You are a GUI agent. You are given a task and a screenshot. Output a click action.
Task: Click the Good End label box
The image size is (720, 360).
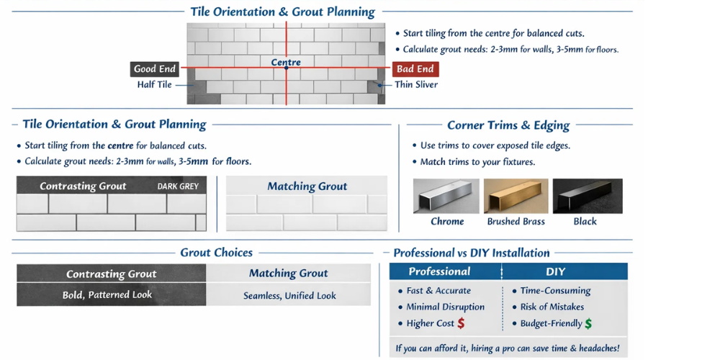coord(155,69)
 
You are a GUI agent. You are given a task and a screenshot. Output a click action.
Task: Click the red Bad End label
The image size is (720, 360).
coord(415,69)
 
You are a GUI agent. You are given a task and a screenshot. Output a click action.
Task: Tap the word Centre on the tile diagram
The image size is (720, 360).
coord(286,63)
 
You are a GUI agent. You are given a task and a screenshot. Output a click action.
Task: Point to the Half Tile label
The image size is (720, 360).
coord(155,85)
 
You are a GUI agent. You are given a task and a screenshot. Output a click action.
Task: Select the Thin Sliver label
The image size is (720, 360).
coord(416,85)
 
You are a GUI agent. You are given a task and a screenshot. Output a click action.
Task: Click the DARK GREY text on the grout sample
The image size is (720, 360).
coord(178,186)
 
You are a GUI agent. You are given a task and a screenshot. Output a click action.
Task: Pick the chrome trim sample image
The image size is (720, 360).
coord(446,196)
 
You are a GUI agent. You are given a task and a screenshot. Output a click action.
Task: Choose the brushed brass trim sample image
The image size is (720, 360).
coord(516,196)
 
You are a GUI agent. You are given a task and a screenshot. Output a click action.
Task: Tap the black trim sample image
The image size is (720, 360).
coord(585,196)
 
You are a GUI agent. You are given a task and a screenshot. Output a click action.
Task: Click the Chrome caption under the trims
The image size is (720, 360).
coord(447,222)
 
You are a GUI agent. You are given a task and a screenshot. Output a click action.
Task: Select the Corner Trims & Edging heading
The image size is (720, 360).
coord(508,125)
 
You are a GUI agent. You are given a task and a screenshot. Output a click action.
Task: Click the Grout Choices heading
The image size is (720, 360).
coord(216,253)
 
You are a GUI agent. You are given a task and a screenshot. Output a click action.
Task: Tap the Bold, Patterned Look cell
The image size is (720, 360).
coord(112,295)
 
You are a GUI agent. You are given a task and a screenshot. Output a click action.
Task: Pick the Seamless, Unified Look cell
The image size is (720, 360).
coord(289,295)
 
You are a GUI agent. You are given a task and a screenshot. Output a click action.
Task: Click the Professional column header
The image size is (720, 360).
coord(439,271)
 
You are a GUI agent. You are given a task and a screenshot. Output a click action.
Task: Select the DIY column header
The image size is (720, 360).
coord(556,271)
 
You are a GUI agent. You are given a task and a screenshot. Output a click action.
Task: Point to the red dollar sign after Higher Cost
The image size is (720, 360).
coord(461,323)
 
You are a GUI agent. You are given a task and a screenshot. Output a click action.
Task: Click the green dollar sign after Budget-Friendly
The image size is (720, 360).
coord(588,323)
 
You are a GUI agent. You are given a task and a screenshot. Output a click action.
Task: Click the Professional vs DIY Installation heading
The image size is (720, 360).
coord(472,253)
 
